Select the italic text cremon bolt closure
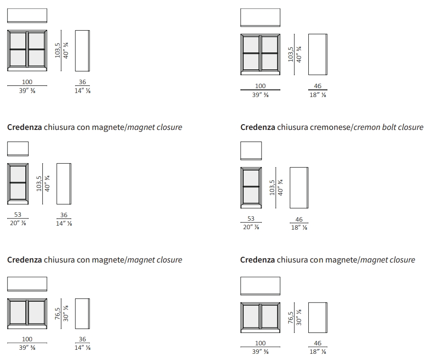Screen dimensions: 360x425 [388, 127]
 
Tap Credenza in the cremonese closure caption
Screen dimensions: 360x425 [257, 127]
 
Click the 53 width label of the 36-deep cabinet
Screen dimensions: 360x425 [18, 214]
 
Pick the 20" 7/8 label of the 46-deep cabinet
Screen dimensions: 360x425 [251, 227]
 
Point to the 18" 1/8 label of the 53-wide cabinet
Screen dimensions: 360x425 [299, 227]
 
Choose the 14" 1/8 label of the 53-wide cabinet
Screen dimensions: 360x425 [64, 223]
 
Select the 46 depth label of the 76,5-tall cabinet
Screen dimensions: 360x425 [318, 343]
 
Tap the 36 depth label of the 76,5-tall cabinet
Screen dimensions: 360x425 [82, 339]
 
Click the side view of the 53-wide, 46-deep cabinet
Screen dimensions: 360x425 [299, 187]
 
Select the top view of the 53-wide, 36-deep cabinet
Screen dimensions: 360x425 [18, 149]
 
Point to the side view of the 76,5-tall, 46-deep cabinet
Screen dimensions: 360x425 [318, 317]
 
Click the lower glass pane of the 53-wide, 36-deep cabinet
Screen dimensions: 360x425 [18, 191]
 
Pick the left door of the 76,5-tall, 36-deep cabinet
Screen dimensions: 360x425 [18, 313]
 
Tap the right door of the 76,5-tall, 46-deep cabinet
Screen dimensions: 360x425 [270, 317]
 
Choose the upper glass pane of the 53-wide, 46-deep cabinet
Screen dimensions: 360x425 [251, 177]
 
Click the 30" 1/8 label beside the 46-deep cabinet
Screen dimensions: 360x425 [299, 318]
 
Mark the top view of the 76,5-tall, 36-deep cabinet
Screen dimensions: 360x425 [27, 283]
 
